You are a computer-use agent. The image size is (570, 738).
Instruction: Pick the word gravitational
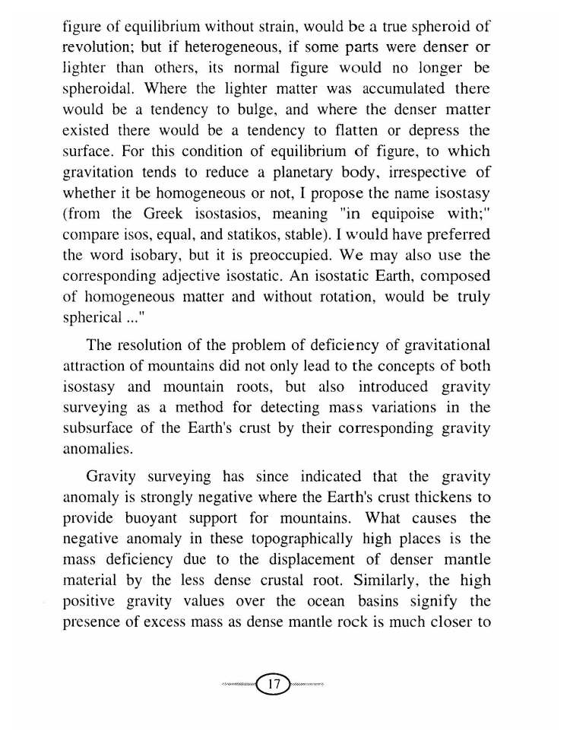tap(438, 350)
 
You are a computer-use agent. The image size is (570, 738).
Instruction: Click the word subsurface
tap(100, 429)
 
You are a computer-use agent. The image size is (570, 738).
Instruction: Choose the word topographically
tap(293, 539)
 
